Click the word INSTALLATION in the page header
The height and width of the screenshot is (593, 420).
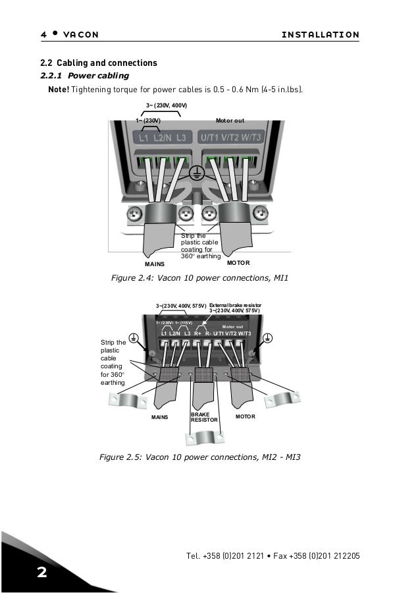(320, 34)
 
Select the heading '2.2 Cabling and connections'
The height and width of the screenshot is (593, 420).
(99, 63)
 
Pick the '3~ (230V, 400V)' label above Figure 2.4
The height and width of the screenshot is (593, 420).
(166, 105)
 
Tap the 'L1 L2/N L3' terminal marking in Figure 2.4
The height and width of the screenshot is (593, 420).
(161, 138)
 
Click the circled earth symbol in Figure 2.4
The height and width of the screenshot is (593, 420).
(196, 174)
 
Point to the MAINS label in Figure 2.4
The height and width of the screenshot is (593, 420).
(155, 264)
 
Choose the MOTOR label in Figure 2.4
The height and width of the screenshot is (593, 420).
(239, 262)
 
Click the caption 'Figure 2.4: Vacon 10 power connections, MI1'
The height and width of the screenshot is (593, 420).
(200, 279)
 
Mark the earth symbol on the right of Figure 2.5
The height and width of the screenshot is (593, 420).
(268, 338)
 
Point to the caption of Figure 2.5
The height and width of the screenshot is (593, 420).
(199, 456)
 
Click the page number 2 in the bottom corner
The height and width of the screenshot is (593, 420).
(41, 572)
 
